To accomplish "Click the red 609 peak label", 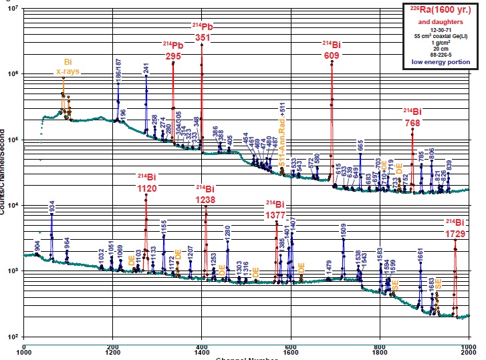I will [332, 55].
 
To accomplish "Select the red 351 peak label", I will [202, 38].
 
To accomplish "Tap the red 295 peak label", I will [173, 57].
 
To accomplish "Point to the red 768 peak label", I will [412, 123].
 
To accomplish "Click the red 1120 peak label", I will [146, 189].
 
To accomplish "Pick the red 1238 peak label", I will [205, 199].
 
